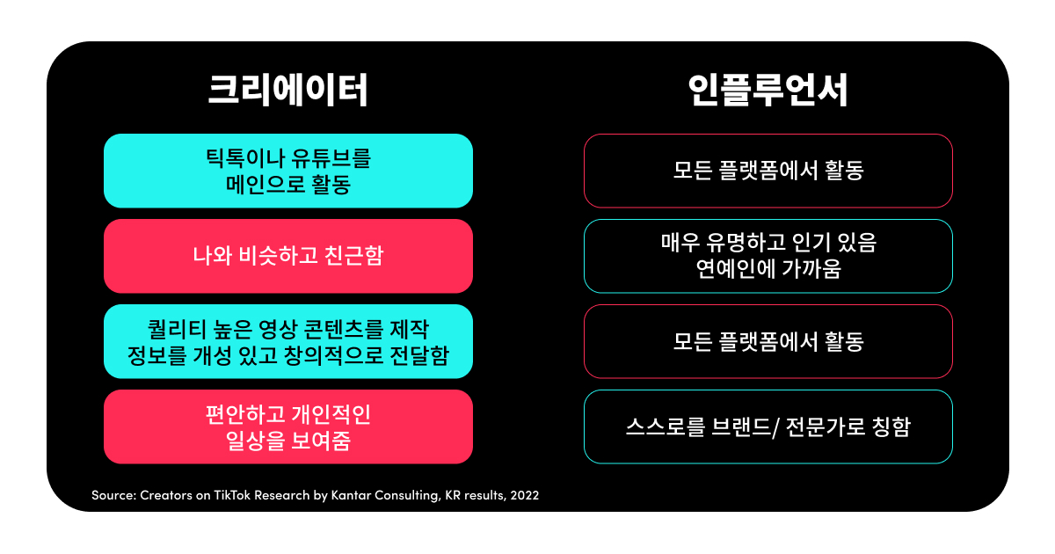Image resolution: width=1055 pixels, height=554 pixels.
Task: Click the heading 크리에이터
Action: [x=287, y=91]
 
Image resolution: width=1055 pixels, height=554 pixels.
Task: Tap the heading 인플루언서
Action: [x=768, y=91]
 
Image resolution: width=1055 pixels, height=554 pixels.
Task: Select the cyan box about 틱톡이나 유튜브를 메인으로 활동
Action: [x=287, y=171]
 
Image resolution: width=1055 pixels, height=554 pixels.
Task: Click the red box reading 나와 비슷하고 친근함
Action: [x=287, y=256]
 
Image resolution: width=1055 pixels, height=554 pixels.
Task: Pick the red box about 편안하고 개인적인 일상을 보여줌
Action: [x=287, y=426]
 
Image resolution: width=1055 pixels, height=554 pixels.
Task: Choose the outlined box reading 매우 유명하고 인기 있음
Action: [x=768, y=256]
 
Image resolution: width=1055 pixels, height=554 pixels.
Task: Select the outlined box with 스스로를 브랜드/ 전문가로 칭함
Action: [x=768, y=427]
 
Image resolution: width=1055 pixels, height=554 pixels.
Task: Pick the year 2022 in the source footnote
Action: [x=523, y=495]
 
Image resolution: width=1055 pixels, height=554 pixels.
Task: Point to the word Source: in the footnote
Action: [x=113, y=495]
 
